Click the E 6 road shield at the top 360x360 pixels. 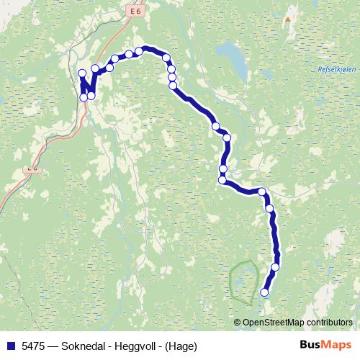[138, 12]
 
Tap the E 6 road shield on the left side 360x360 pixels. [31, 168]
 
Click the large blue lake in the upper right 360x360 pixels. [230, 52]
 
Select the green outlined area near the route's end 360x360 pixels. [244, 279]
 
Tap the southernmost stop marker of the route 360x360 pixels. [264, 292]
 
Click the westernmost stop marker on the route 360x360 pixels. [82, 73]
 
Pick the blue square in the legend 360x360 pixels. [10, 345]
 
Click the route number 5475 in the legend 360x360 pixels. [34, 345]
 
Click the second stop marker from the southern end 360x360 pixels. [275, 267]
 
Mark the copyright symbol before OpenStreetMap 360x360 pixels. [238, 322]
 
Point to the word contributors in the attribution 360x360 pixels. [327, 322]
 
